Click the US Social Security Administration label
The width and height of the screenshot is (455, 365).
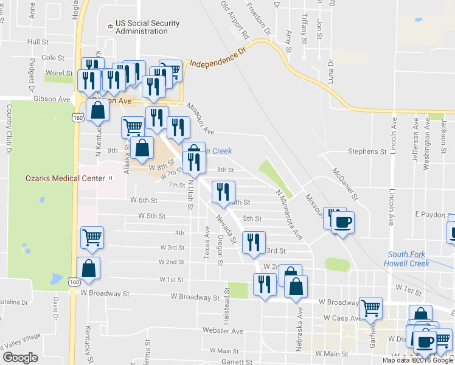coord(142,27)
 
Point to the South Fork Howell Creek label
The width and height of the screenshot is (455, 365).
coord(409,259)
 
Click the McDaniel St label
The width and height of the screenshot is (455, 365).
coord(344,182)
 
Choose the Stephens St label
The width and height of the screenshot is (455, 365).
coord(367,151)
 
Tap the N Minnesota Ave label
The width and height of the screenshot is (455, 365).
coord(289,213)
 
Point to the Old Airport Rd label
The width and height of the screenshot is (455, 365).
coord(236,17)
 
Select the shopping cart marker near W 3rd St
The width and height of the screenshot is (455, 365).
coord(92,237)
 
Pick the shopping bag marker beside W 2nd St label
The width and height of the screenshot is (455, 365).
coord(89,269)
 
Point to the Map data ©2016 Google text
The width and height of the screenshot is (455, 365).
coord(418,360)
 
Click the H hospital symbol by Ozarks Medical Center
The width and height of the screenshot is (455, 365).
coord(110,178)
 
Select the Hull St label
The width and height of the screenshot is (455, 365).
coord(38,42)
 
